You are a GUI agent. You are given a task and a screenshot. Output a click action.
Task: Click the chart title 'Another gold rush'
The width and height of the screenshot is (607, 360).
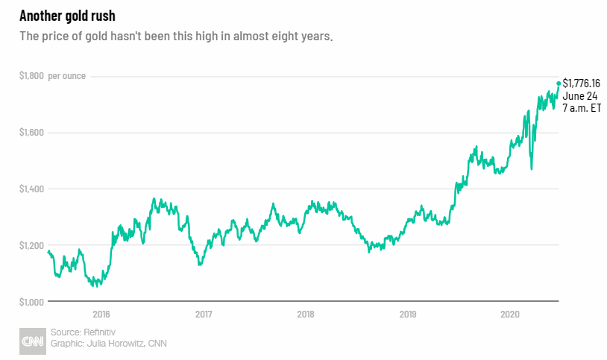coord(67,16)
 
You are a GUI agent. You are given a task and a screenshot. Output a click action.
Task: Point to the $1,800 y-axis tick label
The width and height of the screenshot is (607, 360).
coord(32,76)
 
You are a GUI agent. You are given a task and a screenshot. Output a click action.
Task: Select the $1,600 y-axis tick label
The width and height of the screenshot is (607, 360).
coord(32,133)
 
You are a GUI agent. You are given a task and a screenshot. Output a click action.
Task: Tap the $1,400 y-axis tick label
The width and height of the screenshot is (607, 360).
coord(32,189)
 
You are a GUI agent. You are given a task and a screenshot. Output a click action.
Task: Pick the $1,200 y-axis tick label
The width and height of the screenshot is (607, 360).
coord(32,245)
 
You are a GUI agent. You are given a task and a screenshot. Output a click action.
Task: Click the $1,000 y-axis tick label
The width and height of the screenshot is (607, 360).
coord(32,302)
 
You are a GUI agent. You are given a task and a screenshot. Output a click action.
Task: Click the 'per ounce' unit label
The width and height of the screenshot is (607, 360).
coord(67,76)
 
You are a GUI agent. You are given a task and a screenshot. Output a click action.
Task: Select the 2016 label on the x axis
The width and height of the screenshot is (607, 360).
coord(101,315)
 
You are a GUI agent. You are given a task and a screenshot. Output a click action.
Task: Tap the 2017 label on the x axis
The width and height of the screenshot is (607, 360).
coord(204,315)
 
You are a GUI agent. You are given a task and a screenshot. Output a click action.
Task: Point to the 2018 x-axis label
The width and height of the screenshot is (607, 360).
coord(306,315)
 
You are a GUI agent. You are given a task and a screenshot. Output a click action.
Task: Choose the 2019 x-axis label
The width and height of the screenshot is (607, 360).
coord(408,315)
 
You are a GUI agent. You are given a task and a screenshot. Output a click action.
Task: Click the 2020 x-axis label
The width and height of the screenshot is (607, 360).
coord(510,315)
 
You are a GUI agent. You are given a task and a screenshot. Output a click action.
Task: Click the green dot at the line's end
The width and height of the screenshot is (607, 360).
coord(559,83)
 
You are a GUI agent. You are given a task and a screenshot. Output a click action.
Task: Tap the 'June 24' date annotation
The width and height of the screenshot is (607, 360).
coord(579,95)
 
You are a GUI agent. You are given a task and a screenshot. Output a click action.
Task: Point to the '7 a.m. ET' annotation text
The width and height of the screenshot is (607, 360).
coord(582,108)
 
